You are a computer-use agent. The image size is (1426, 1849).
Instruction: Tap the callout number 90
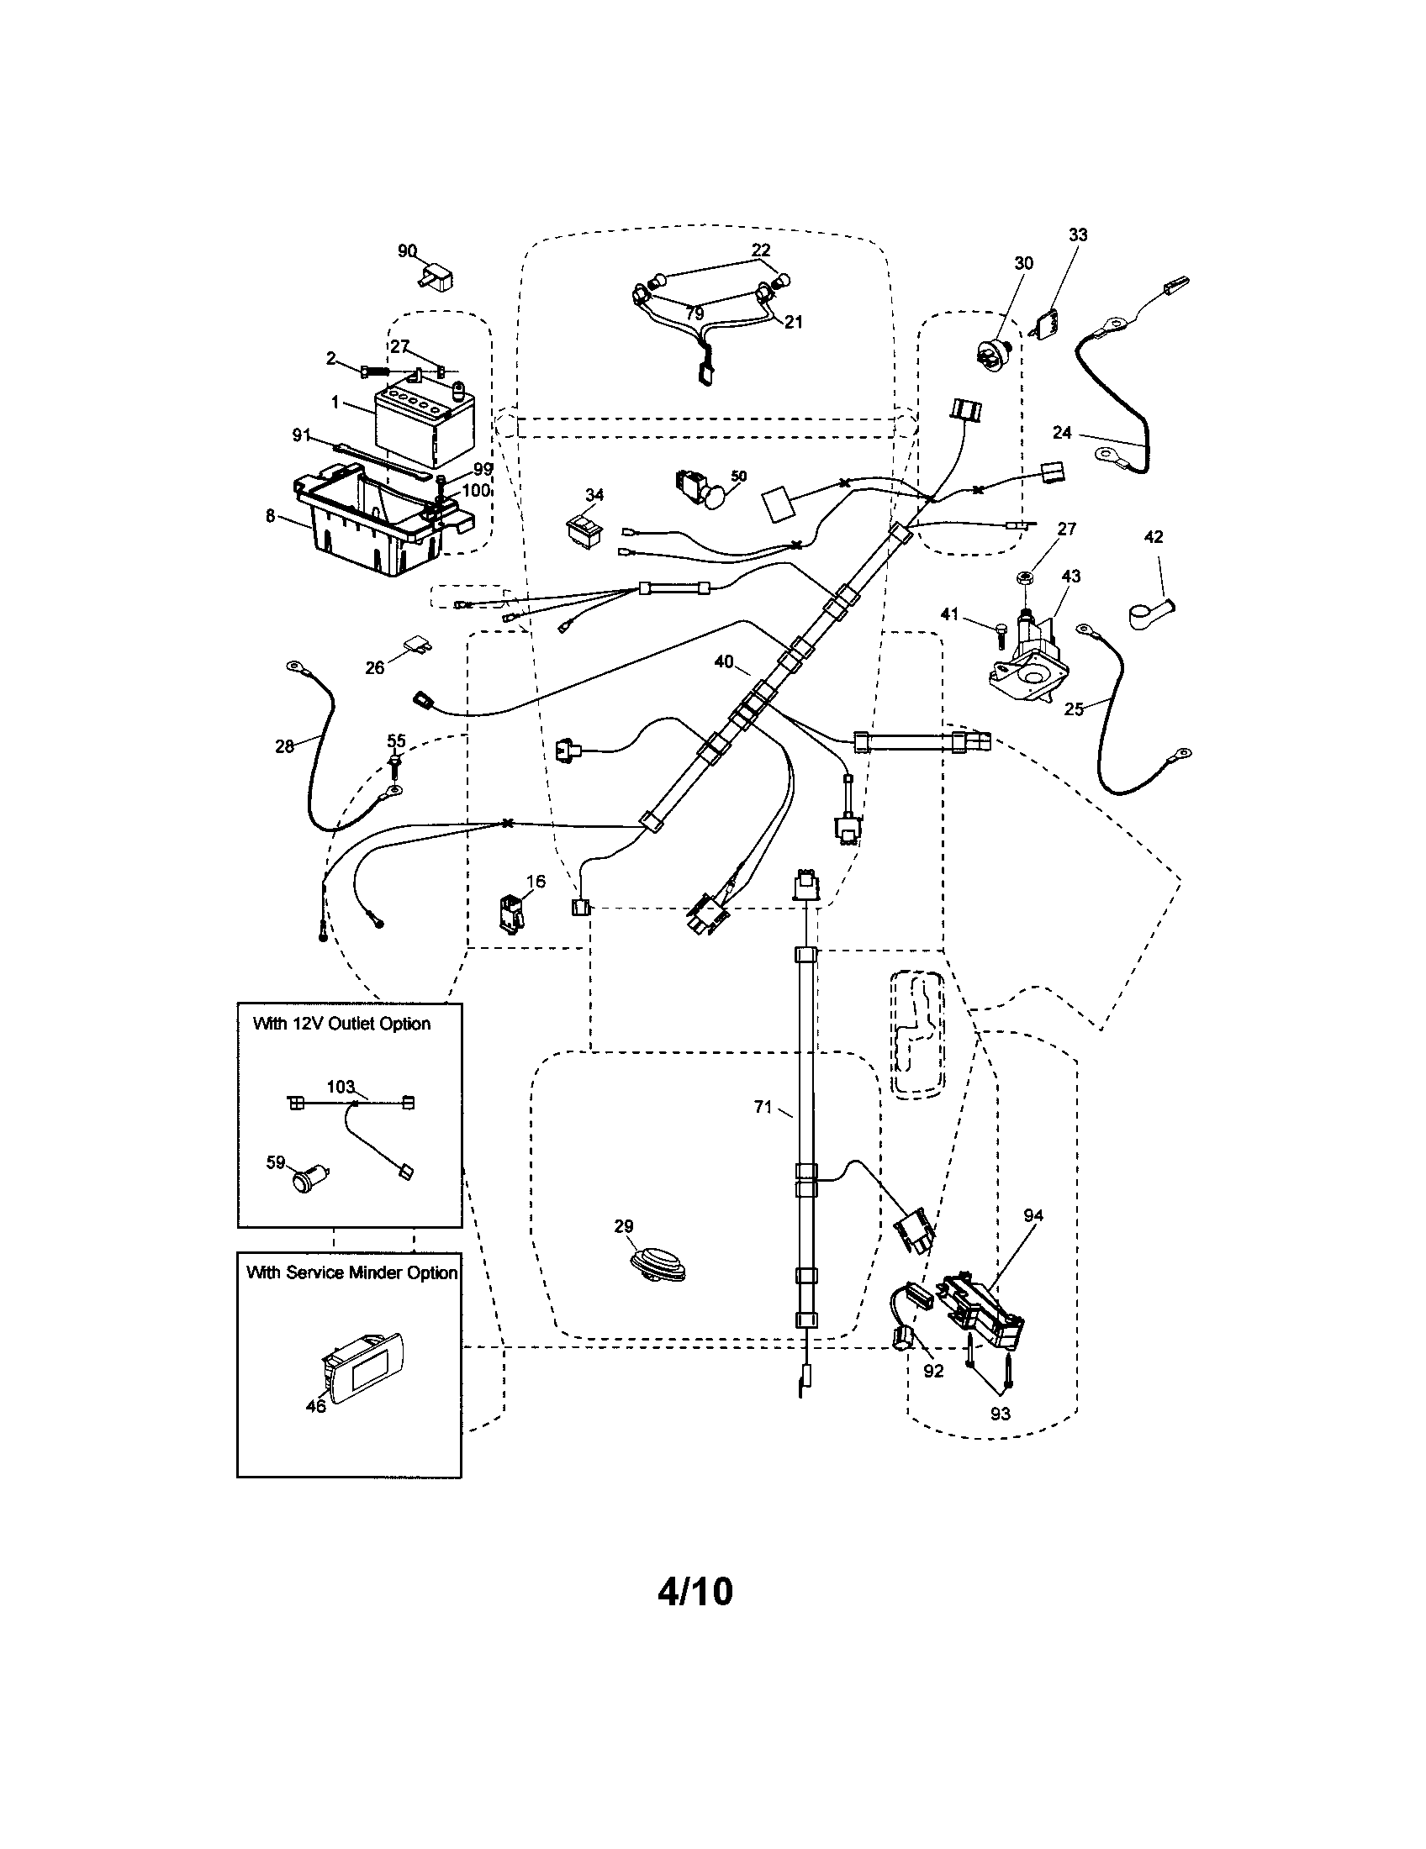click(x=407, y=250)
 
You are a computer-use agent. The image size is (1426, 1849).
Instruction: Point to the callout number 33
click(x=1077, y=234)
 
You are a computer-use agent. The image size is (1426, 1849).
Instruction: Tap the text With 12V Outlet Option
click(x=341, y=1024)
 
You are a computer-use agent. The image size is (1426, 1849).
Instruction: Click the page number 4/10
click(x=695, y=1592)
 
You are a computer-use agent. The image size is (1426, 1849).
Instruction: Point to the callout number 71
click(x=762, y=1107)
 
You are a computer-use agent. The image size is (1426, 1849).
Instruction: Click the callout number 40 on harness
click(x=724, y=662)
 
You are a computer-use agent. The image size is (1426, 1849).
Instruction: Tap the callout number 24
click(x=1062, y=433)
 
